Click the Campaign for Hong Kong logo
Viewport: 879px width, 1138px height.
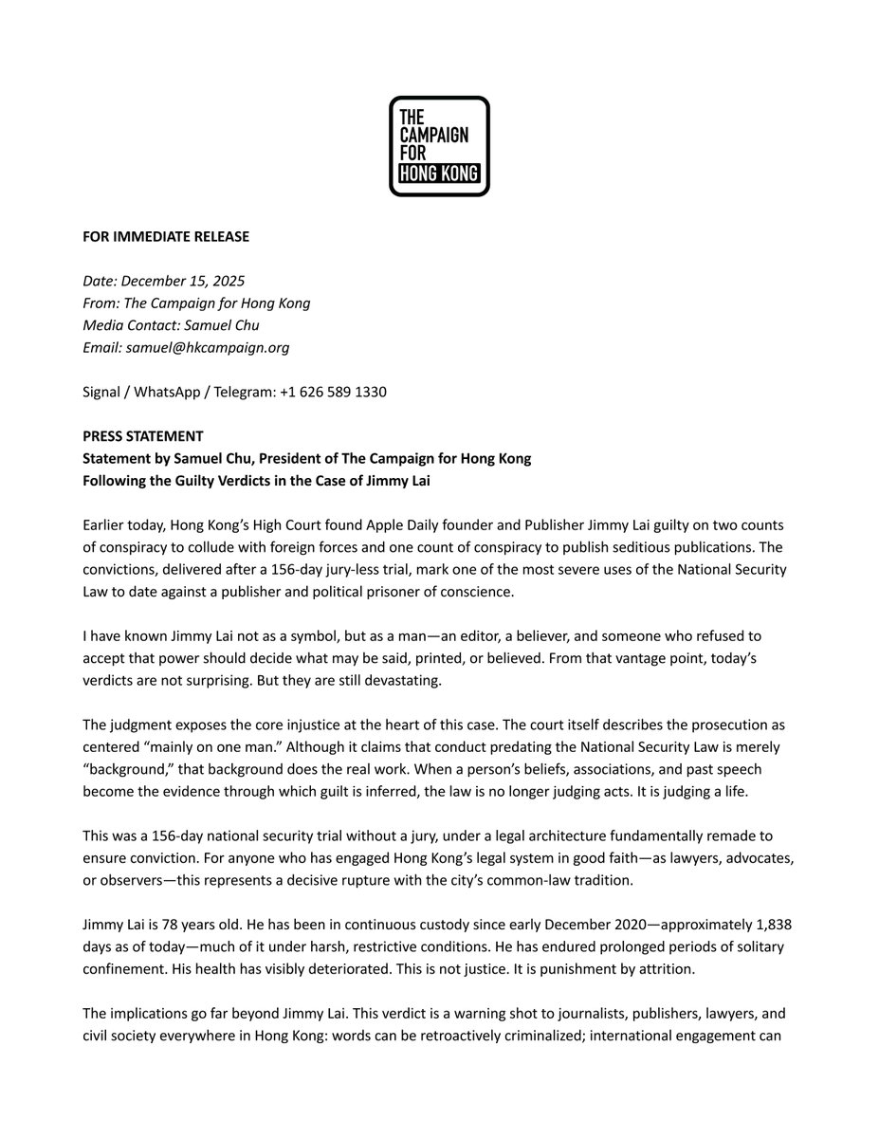439,146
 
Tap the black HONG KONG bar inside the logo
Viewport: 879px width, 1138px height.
439,174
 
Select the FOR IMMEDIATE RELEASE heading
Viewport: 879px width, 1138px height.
165,236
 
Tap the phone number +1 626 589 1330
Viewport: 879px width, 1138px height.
333,392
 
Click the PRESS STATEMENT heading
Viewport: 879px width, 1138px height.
142,436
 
